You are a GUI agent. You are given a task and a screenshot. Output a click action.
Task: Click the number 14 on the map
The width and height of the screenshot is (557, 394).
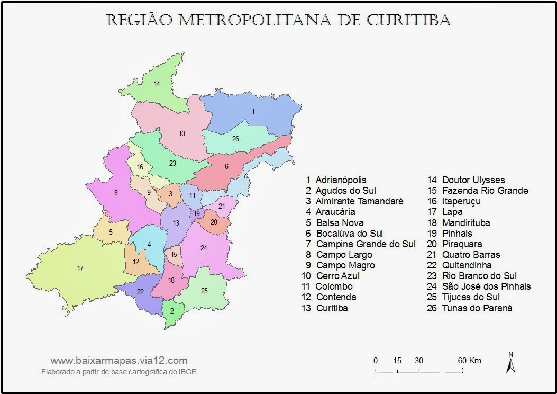tap(157, 84)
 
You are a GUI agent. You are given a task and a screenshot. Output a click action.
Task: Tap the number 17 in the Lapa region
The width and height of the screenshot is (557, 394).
tap(80, 268)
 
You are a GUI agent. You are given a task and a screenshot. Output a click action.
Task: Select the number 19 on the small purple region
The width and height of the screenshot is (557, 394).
tap(197, 213)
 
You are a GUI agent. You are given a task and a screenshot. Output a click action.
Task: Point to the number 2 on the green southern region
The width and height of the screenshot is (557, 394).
tap(172, 311)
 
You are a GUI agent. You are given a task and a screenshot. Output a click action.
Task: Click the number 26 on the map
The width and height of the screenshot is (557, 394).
tap(235, 139)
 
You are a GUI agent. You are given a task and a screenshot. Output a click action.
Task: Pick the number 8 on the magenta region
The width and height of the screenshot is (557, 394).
tap(116, 193)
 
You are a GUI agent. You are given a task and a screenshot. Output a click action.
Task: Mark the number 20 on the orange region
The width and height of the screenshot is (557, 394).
tap(214, 222)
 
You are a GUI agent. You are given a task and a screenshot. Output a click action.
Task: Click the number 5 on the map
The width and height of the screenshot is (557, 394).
tap(111, 232)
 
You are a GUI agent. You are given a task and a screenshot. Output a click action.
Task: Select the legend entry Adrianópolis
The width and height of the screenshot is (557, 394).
tap(341, 180)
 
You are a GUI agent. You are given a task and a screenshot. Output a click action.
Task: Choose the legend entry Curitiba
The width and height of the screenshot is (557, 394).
tap(332, 308)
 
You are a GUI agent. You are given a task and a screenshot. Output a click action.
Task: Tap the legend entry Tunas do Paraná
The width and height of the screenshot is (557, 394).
tap(477, 308)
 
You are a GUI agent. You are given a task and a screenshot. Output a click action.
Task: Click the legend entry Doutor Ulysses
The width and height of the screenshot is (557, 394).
tap(473, 180)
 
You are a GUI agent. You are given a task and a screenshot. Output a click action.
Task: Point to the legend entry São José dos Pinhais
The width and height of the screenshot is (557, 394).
tap(486, 286)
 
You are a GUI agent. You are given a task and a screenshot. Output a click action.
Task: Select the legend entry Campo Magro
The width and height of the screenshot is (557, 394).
tap(345, 265)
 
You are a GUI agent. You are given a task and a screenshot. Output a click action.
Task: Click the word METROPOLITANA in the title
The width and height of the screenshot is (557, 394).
tap(255, 20)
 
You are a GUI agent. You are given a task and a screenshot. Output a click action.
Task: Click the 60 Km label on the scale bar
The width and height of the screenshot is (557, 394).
tap(470, 361)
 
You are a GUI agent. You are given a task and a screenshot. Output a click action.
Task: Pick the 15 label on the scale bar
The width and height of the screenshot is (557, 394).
tap(397, 361)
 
